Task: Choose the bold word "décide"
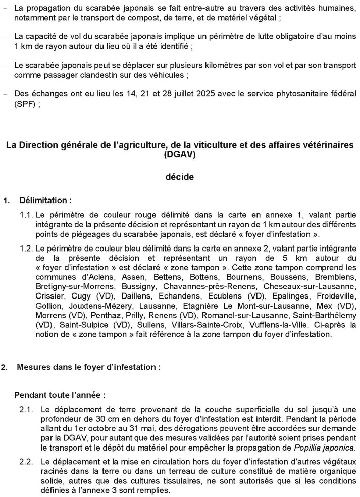pyautogui.click(x=180, y=177)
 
